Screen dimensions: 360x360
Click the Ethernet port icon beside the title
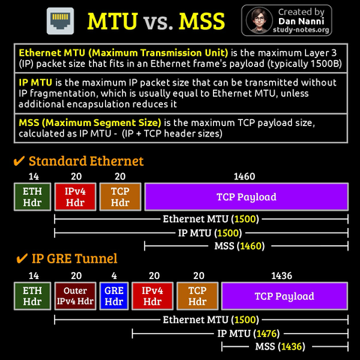[x=60, y=21]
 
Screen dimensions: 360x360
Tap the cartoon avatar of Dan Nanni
[x=259, y=20]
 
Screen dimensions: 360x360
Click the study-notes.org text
[x=301, y=30]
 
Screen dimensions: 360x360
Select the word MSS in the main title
[x=202, y=21]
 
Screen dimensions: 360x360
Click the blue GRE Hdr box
[x=114, y=296]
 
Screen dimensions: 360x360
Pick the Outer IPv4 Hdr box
[x=75, y=296]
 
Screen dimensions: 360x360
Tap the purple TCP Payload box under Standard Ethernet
[x=247, y=196]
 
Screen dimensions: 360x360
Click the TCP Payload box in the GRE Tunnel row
[x=284, y=296]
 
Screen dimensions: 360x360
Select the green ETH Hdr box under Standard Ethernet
[x=32, y=196]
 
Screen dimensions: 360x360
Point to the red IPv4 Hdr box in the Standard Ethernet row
[x=75, y=196]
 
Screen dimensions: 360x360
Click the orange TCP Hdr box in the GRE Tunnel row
[x=197, y=296]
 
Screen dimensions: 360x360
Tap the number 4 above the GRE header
[x=114, y=276]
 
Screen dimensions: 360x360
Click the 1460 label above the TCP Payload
[x=244, y=176]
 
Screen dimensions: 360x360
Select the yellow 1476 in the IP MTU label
[x=266, y=334]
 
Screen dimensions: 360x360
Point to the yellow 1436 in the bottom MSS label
[x=292, y=346]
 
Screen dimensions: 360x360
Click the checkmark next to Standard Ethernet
[x=19, y=161]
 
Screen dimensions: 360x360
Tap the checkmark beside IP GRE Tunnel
[x=22, y=259]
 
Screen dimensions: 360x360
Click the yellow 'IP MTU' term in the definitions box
[x=35, y=82]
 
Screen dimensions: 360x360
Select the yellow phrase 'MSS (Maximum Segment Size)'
[x=90, y=123]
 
